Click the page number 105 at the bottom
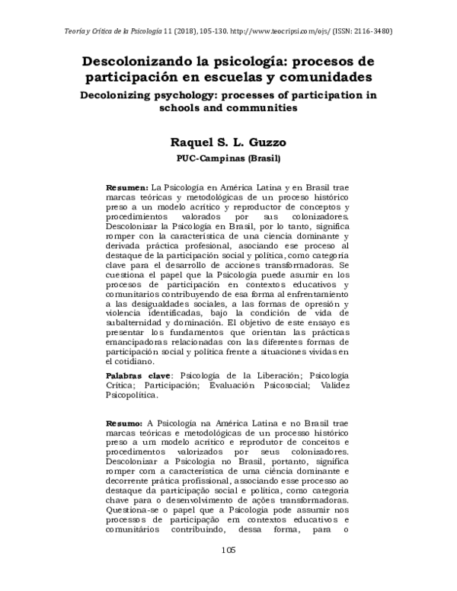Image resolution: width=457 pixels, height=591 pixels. [x=228, y=572]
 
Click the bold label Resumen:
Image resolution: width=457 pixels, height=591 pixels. [x=127, y=187]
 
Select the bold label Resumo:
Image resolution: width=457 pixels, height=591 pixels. [x=124, y=423]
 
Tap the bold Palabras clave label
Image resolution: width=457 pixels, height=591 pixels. [x=139, y=375]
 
